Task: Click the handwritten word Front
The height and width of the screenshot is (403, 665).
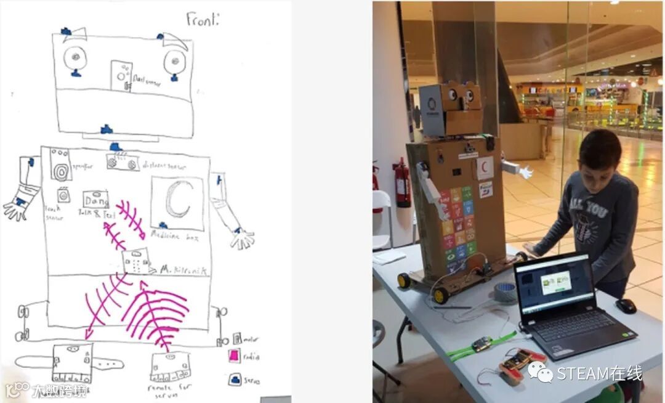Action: point(202,18)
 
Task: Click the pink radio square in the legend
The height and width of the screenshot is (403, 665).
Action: point(234,356)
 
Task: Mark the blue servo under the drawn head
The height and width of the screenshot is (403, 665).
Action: point(106,129)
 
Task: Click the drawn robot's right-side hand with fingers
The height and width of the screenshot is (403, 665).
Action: point(243,238)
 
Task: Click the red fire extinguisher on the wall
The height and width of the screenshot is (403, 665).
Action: point(401,182)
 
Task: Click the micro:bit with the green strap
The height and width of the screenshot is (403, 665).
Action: point(482,343)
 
